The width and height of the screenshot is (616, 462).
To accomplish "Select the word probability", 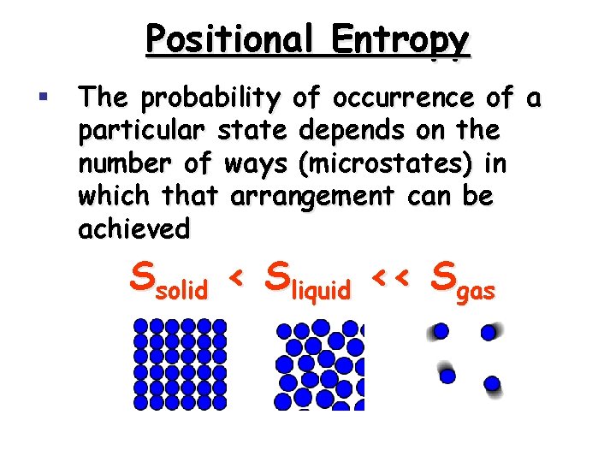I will pos(209,99).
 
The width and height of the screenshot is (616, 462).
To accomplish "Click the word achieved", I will pos(133,228).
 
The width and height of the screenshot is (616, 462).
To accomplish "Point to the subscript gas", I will pos(476,293).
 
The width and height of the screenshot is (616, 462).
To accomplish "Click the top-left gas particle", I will pos(441,331).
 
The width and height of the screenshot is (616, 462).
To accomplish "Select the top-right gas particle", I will pos(489,332).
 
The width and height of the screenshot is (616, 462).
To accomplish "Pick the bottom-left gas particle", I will pos(447,376).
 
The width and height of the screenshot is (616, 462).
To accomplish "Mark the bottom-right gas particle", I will pos(492,383).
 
